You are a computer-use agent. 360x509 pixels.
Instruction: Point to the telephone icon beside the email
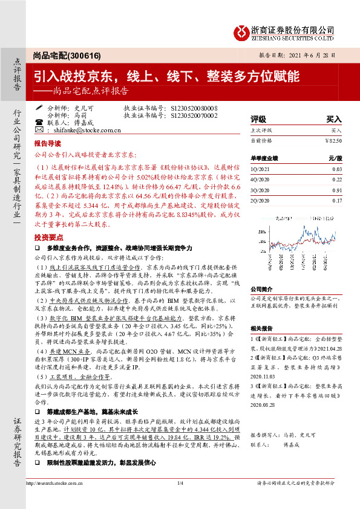39,129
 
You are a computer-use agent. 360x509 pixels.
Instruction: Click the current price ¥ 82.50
333,140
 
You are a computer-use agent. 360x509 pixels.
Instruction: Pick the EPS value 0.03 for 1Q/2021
337,170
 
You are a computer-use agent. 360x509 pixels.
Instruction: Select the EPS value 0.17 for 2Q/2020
337,201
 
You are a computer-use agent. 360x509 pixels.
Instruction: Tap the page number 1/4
180,482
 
